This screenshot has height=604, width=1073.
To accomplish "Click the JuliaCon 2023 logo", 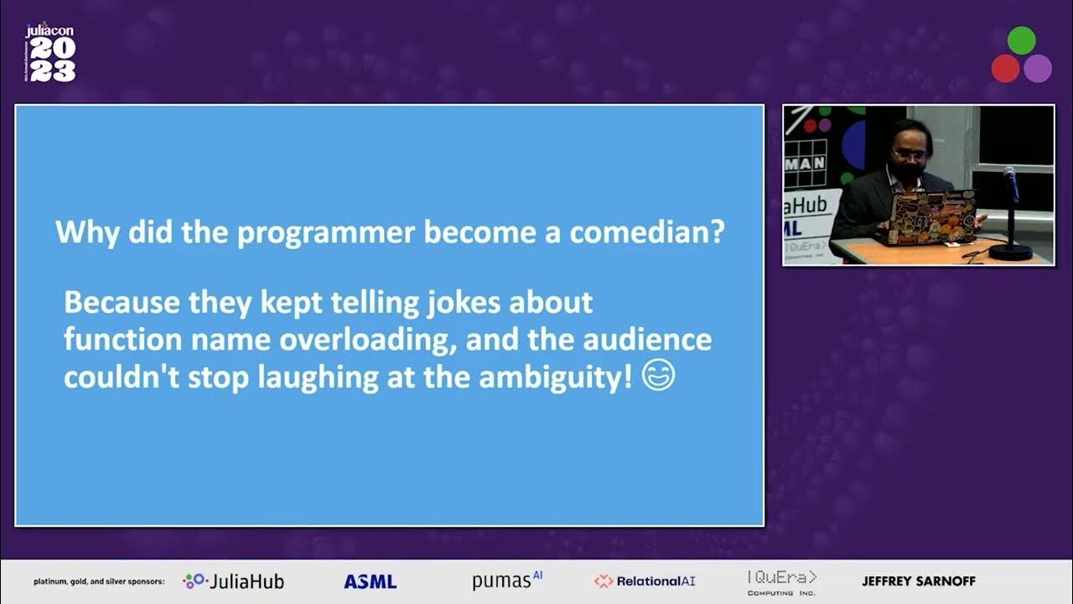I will [50, 54].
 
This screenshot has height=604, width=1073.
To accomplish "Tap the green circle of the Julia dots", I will [1021, 40].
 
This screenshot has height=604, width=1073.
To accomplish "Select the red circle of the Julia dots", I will [1005, 68].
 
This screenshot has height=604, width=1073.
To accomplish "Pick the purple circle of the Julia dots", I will [1038, 68].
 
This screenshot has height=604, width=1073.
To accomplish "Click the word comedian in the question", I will [646, 232].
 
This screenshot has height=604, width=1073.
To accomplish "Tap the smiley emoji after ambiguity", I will [659, 377].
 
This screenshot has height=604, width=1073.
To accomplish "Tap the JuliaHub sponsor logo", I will [234, 581].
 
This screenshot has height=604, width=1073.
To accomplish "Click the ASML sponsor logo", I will [370, 581].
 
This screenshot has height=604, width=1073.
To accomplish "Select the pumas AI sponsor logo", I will [507, 580].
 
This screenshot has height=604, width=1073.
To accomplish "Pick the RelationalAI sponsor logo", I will [645, 581].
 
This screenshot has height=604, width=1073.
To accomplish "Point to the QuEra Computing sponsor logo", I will [781, 581].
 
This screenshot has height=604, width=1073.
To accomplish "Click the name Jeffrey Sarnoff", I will [919, 581].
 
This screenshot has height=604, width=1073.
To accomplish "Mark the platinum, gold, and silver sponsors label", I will [99, 581].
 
